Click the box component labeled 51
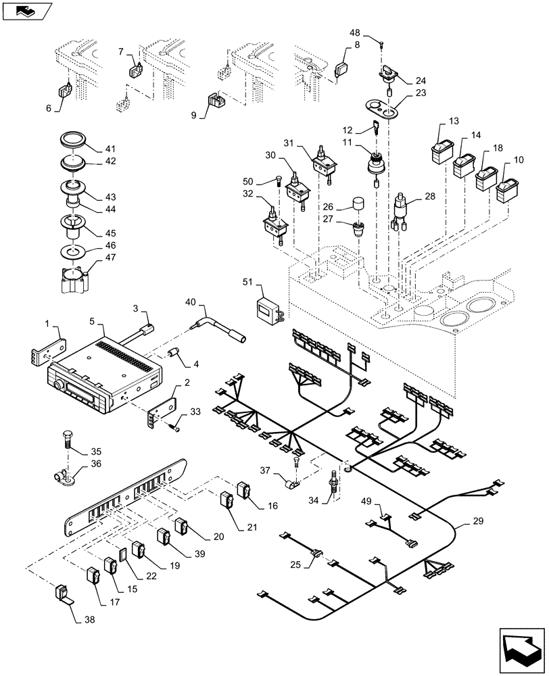click(x=268, y=305)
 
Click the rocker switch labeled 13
click(x=441, y=149)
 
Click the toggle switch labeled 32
click(x=276, y=226)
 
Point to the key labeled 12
click(x=375, y=126)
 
